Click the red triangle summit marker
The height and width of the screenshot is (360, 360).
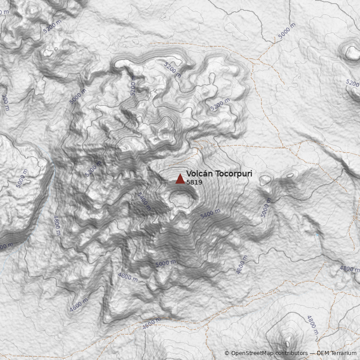tap(180, 179)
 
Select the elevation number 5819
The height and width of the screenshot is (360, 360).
tap(194, 183)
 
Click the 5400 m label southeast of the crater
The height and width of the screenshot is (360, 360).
tap(210, 214)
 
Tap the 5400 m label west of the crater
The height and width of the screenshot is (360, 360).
tap(144, 201)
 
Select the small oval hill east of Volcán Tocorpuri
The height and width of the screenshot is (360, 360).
tap(265, 180)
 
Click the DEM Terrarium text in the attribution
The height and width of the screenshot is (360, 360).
tap(337, 353)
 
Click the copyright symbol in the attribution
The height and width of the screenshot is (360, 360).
tap(227, 353)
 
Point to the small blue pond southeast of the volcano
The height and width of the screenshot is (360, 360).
tap(317, 234)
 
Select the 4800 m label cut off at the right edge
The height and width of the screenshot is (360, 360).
tap(350, 269)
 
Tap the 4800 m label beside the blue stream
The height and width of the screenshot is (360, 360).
tap(57, 225)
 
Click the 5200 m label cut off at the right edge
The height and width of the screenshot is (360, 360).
tap(352, 83)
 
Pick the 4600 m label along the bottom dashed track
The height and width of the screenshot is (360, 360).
tap(151, 324)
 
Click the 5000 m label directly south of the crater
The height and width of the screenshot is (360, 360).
tap(165, 263)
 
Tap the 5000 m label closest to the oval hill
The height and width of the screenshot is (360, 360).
tap(266, 207)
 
